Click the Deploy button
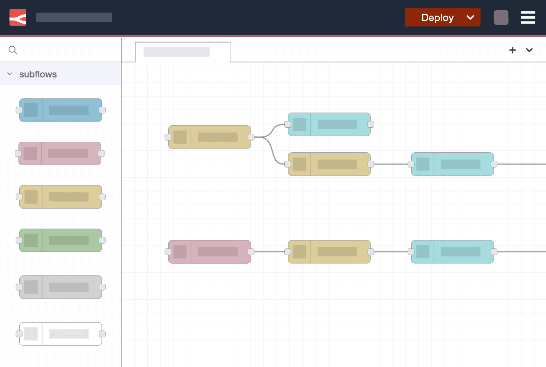coord(437,17)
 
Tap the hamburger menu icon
coord(528,17)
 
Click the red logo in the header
coord(18,17)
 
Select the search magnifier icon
coord(13,50)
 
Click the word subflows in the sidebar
coord(38,74)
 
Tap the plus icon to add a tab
coord(512,50)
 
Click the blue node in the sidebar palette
coord(61,110)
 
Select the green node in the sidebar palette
coord(61,240)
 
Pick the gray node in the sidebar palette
coord(61,287)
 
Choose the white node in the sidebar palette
coord(61,334)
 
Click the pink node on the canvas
coord(210,252)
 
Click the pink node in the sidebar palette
coord(60,153)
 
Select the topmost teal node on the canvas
coord(329,124)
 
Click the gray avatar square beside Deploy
coord(501,17)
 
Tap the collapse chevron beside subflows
coord(10,74)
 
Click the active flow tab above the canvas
coord(182,52)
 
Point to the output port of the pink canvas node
coord(251,252)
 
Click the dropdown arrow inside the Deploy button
coord(470,17)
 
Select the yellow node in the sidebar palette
coord(61,197)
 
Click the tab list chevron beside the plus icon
coord(529,50)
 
